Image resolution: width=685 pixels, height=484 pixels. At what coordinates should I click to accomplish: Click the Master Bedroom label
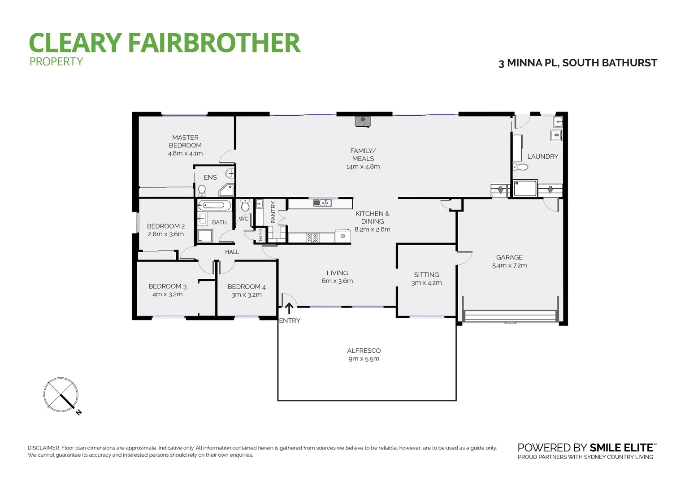coord(185,141)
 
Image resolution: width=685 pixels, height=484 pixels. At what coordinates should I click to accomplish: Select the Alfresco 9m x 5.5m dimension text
coord(364,359)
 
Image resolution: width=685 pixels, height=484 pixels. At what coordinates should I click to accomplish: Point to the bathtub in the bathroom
coord(214,206)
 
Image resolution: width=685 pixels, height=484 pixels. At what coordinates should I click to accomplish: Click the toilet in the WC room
coord(245,206)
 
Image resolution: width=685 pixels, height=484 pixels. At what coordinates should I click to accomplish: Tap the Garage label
coord(509,257)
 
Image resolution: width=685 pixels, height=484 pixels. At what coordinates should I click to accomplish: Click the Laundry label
coord(542,156)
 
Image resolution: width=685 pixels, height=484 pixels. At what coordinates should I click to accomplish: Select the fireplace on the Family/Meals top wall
coord(362,121)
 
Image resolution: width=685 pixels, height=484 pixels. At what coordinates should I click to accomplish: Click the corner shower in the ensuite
coord(227,190)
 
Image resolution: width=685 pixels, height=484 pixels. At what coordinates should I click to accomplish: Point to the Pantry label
coord(273,212)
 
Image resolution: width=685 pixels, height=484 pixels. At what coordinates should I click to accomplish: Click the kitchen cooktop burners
coord(312,238)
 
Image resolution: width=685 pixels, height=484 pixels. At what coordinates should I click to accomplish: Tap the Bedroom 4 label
coord(247,287)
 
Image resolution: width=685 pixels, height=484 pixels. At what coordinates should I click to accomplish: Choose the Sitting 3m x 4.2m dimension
coord(426,283)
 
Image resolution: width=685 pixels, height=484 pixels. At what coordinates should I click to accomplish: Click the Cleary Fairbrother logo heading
coord(164,43)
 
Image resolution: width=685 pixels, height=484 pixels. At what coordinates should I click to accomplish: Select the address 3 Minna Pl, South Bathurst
coord(577,63)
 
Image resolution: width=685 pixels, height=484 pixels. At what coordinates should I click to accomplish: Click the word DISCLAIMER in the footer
coord(43,448)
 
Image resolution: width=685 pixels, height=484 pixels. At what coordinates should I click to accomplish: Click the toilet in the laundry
coord(520,167)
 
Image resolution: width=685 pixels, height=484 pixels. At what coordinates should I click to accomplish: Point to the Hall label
coord(232,252)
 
